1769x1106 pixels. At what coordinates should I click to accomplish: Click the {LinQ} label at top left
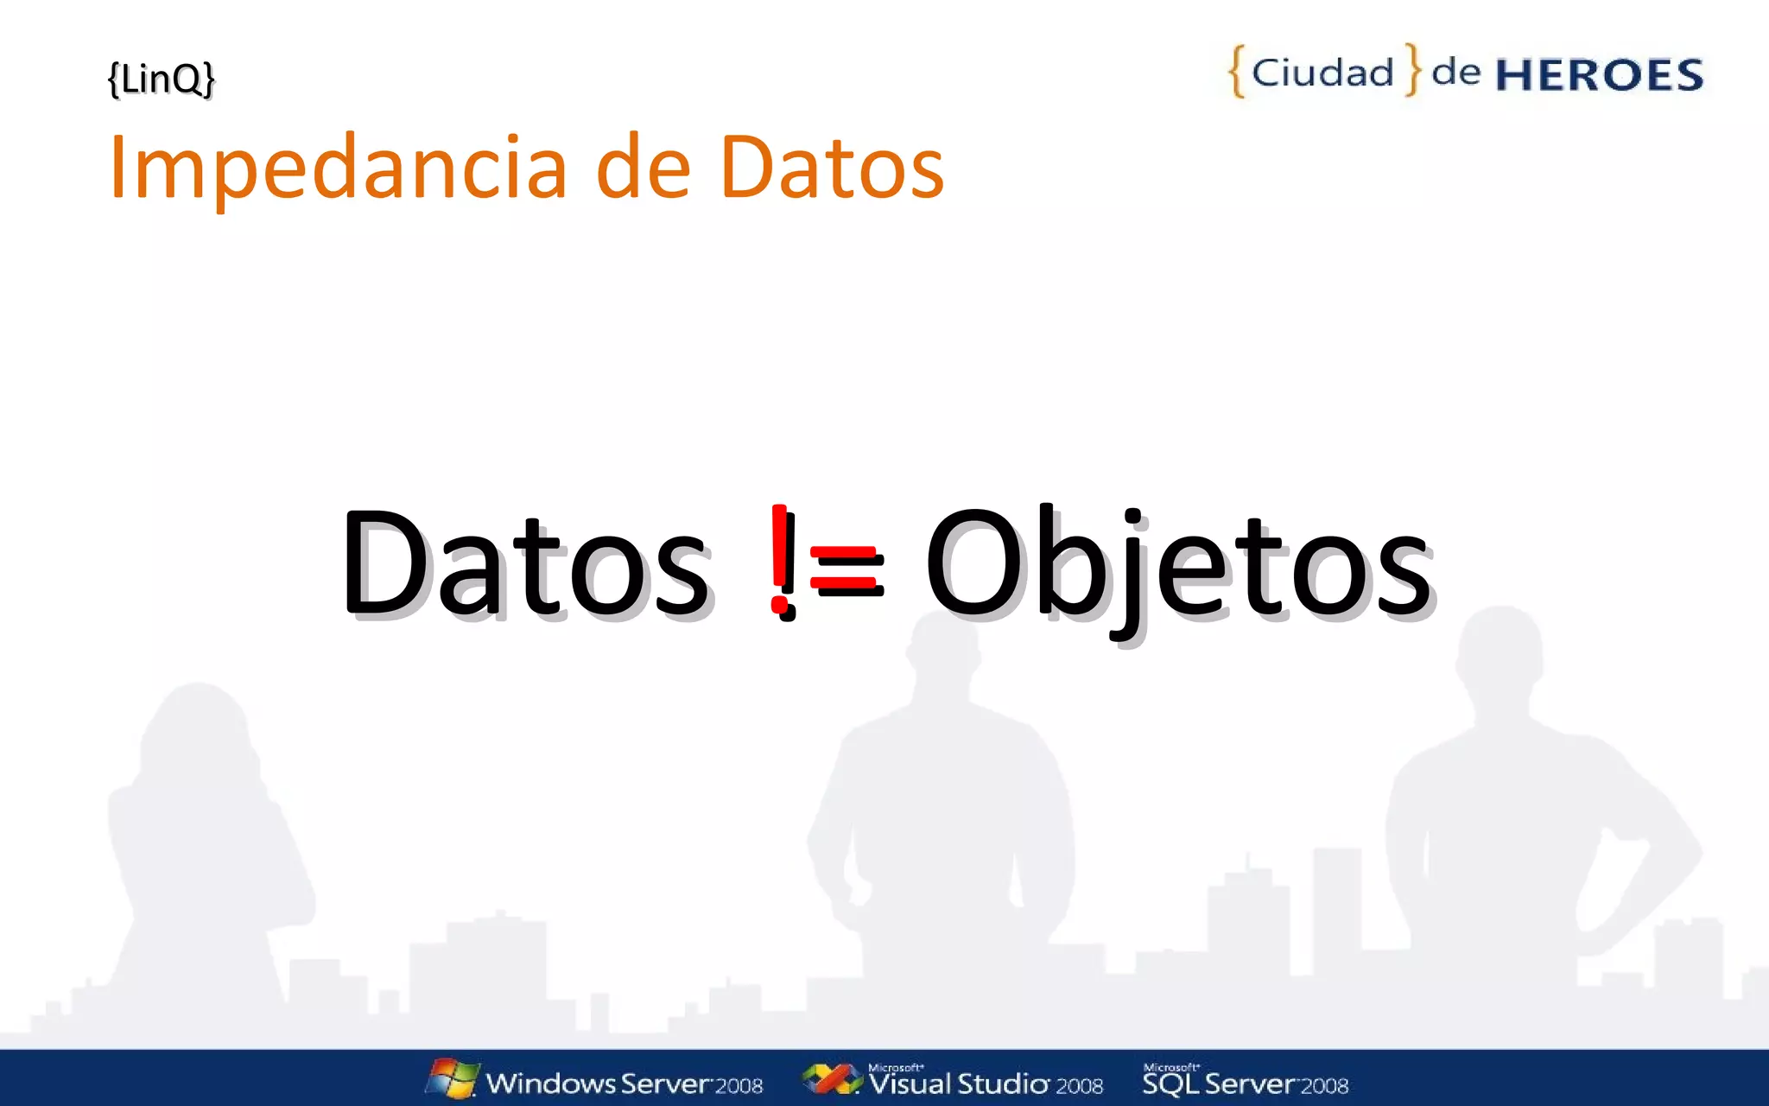pos(161,79)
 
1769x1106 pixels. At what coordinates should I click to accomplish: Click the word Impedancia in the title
pos(338,168)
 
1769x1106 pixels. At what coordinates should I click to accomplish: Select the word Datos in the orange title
pos(831,168)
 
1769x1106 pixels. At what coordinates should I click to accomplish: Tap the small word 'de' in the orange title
pos(644,168)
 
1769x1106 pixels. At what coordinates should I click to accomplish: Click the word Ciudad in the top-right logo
pos(1322,73)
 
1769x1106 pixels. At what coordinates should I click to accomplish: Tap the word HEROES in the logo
pos(1599,75)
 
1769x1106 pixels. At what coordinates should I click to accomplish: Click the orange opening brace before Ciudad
pos(1237,72)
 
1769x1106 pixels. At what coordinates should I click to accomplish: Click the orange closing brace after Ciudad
pos(1412,70)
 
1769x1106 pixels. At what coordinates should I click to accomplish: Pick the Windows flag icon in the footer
pos(453,1078)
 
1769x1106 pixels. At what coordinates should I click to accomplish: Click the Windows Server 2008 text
pos(624,1084)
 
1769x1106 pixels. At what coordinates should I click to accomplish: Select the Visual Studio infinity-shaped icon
pos(831,1079)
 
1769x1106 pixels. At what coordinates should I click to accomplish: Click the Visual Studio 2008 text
pos(986,1084)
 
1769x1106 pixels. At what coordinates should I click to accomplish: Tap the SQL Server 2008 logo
pos(1245,1081)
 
